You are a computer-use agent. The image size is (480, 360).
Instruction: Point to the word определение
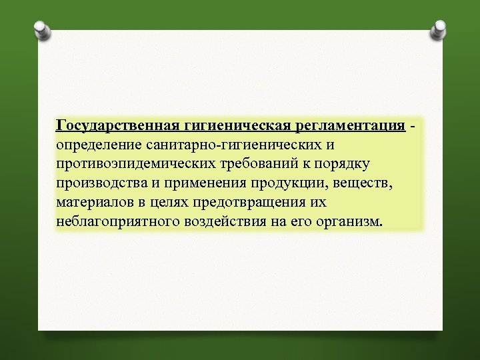click(x=97, y=145)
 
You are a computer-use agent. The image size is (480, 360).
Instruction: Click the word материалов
click(x=95, y=202)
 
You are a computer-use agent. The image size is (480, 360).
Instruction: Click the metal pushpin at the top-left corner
click(x=41, y=29)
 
